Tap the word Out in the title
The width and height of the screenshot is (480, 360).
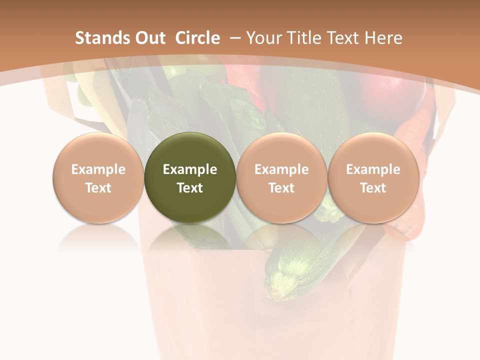tap(148, 38)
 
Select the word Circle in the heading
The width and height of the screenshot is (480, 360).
tap(197, 38)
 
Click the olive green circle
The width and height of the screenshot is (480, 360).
tap(189, 178)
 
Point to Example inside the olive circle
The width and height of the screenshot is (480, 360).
tap(189, 169)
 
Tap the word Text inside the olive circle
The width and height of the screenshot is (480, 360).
tap(189, 188)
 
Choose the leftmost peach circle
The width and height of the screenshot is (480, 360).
tap(98, 178)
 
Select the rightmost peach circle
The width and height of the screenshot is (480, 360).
tap(373, 178)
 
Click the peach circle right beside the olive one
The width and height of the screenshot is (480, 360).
tap(281, 178)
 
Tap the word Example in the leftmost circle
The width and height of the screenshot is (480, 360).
tap(98, 169)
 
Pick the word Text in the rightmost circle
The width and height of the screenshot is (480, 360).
tap(373, 188)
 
